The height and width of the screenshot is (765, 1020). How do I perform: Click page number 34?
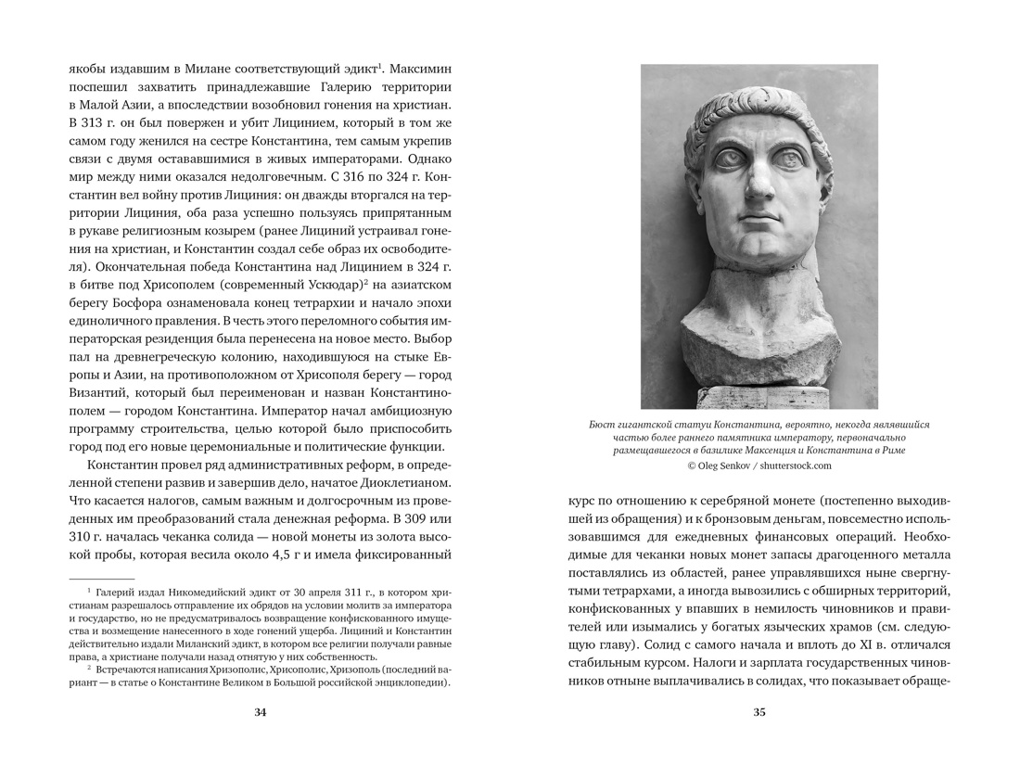pyautogui.click(x=260, y=712)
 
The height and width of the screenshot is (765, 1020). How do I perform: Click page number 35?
pyautogui.click(x=759, y=712)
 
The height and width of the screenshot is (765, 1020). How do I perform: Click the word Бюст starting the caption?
pyautogui.click(x=603, y=424)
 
